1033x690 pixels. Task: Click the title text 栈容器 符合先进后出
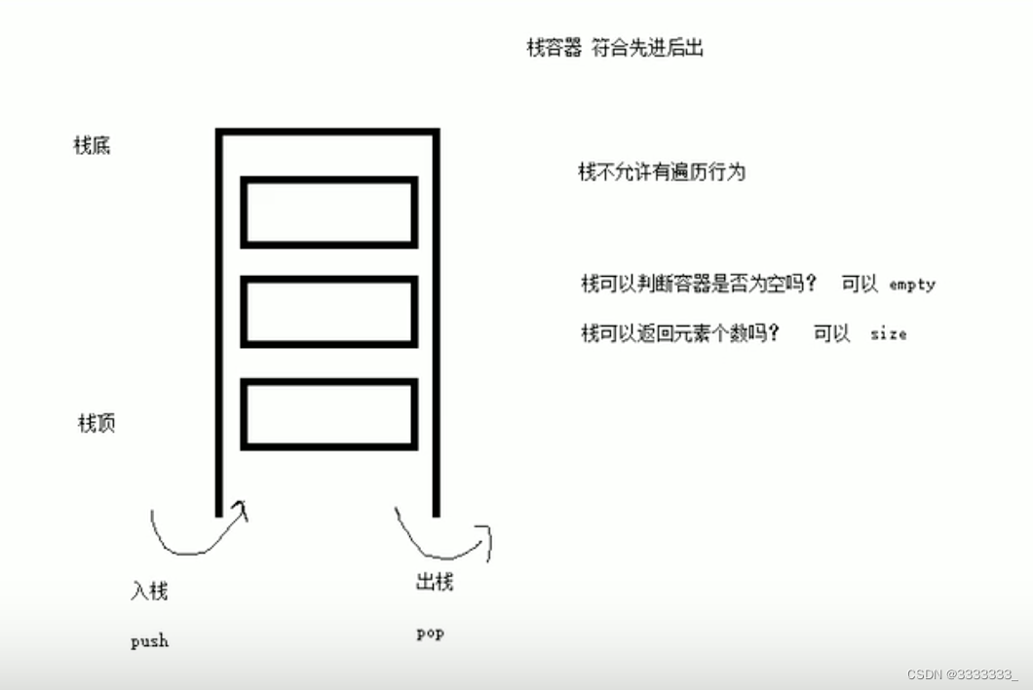[x=615, y=49]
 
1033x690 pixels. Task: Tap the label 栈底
[x=93, y=146]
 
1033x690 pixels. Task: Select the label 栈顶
[x=96, y=424]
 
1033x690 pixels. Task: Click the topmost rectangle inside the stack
[x=329, y=211]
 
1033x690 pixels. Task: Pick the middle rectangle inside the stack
[x=329, y=312]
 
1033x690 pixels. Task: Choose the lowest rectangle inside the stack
[x=329, y=414]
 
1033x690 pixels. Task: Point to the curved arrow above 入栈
[x=198, y=534]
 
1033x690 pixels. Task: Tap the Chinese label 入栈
[x=149, y=592]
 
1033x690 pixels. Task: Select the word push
[x=149, y=641]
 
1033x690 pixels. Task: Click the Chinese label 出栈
[x=435, y=584]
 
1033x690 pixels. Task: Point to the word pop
[x=430, y=633]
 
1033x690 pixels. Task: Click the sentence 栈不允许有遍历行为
[x=662, y=172]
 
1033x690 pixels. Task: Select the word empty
[x=912, y=286]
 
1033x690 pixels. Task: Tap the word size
[x=888, y=334]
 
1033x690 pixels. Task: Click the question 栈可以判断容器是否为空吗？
[x=698, y=285]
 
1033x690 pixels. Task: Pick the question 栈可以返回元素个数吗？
[x=680, y=333]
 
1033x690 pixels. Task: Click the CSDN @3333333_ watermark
[x=962, y=674]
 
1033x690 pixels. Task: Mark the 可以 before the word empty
[x=860, y=285]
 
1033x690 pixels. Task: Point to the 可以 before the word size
[x=832, y=333]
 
